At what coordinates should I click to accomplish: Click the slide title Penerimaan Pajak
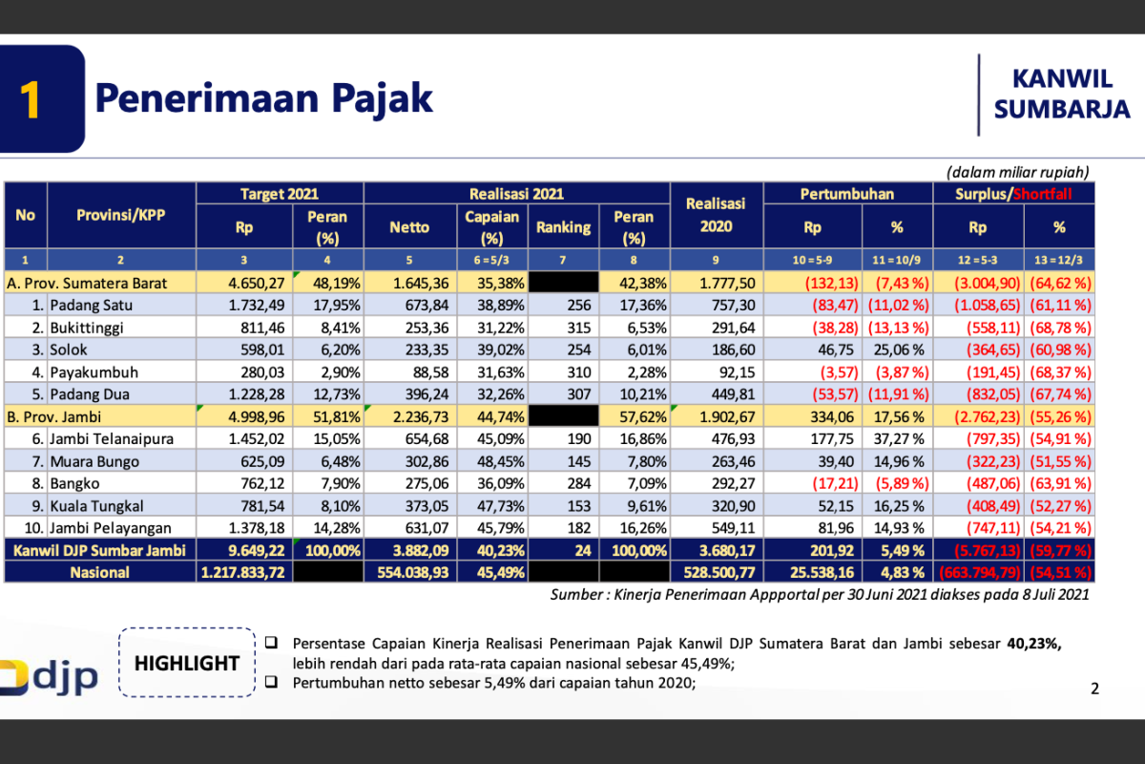[x=263, y=98]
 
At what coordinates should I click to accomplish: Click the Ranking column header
[x=563, y=227]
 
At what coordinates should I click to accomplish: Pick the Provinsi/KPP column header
[x=120, y=215]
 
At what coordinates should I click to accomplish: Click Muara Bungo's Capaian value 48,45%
[x=491, y=461]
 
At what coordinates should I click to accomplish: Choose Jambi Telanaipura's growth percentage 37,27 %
[x=897, y=438]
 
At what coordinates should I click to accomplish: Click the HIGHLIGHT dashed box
[x=186, y=662]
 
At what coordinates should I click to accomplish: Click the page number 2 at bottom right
[x=1094, y=688]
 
